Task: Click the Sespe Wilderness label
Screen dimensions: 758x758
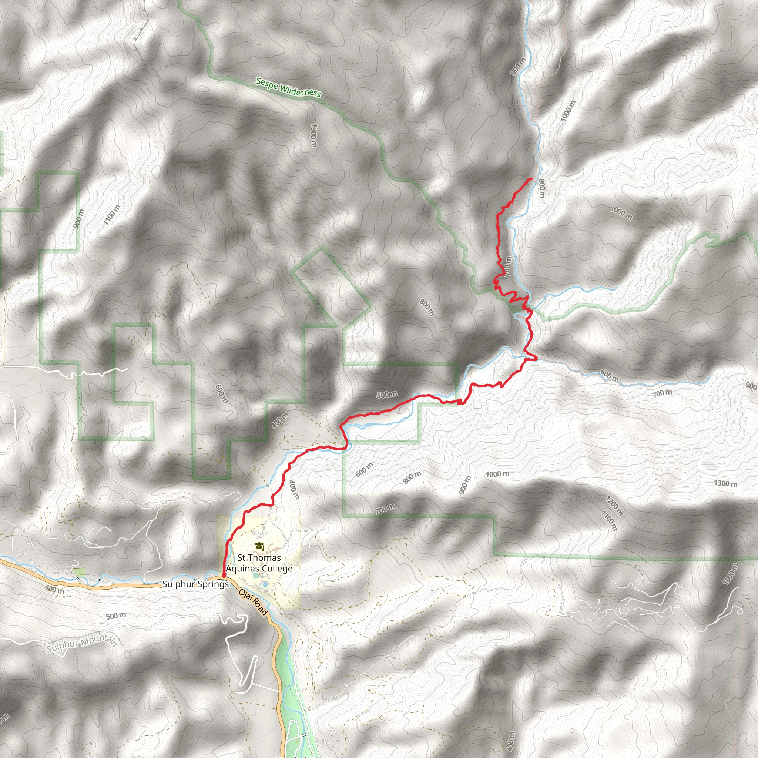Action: point(288,87)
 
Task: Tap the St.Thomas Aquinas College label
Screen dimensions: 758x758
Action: point(259,563)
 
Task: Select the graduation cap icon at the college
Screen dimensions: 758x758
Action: point(259,546)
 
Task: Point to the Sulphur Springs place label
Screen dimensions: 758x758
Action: point(195,584)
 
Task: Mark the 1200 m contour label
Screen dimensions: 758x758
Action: point(614,505)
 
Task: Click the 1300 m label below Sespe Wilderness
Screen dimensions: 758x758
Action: point(313,135)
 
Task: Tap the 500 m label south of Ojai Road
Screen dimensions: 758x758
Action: point(116,616)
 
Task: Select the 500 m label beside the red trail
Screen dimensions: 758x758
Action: point(387,394)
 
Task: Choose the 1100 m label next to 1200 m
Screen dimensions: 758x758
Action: point(609,520)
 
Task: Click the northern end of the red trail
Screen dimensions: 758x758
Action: point(531,179)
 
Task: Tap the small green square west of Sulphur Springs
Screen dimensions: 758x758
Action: point(79,573)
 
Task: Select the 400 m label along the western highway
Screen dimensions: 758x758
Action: point(54,589)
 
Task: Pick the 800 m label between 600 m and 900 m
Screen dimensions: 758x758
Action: point(412,477)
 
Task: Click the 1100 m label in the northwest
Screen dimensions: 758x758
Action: point(112,215)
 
